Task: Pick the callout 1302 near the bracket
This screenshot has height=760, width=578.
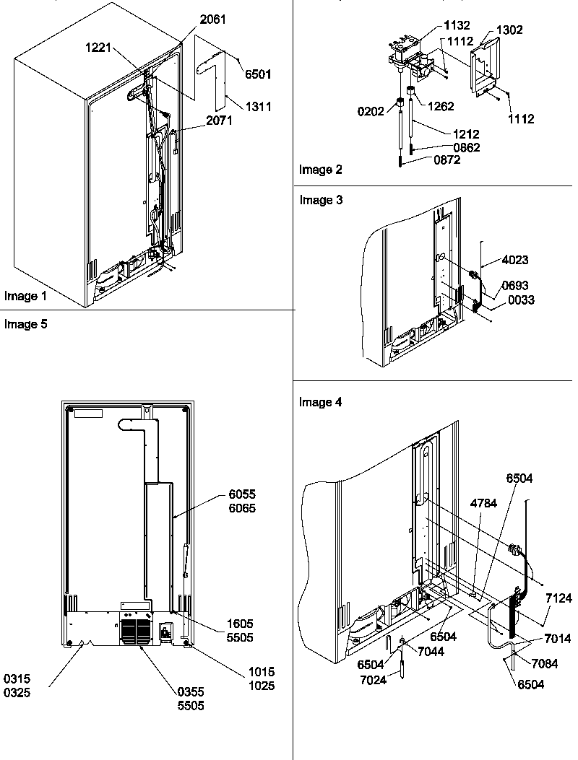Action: (509, 30)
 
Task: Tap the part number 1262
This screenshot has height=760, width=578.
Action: (441, 106)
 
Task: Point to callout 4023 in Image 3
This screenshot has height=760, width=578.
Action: (514, 263)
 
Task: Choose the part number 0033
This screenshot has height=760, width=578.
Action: (520, 300)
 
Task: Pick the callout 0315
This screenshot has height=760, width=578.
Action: (18, 679)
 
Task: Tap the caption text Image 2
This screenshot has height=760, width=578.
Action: (320, 170)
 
